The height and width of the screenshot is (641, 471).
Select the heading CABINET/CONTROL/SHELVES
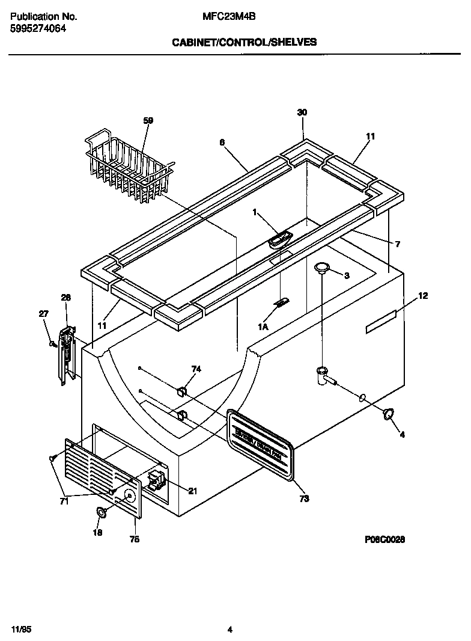[x=244, y=43]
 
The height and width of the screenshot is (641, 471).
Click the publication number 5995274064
[x=38, y=28]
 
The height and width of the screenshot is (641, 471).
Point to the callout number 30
[x=302, y=112]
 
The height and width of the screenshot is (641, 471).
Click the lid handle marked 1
[x=279, y=240]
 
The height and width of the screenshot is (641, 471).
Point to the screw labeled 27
[x=53, y=344]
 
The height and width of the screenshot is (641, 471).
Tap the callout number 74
[x=196, y=369]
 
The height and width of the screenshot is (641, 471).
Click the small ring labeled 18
[x=102, y=512]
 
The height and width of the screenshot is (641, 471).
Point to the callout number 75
[x=135, y=539]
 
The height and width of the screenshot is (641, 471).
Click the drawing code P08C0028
[x=384, y=539]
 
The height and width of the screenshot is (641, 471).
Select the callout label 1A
[x=263, y=327]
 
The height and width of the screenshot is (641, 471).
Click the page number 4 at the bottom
[x=230, y=613]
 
